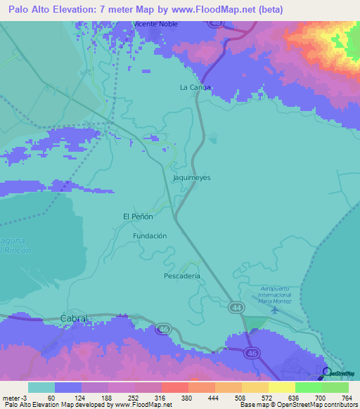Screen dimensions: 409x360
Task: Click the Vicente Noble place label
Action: pyautogui.click(x=156, y=24)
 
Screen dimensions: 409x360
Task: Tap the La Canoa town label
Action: pyautogui.click(x=195, y=88)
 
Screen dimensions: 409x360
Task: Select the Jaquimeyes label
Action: pyautogui.click(x=191, y=178)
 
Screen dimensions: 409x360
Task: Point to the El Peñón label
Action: pyautogui.click(x=138, y=216)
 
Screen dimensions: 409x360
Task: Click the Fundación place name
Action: pyautogui.click(x=150, y=236)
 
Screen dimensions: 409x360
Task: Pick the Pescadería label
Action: pyautogui.click(x=182, y=276)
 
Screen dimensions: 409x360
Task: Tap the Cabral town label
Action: pyautogui.click(x=74, y=318)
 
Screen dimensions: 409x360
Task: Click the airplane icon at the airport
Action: pyautogui.click(x=274, y=310)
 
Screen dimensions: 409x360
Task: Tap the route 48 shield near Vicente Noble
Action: pyautogui.click(x=216, y=22)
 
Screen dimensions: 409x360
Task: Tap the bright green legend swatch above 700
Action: pyautogui.click(x=308, y=387)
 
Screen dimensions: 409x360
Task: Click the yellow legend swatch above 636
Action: pyautogui.click(x=281, y=387)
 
